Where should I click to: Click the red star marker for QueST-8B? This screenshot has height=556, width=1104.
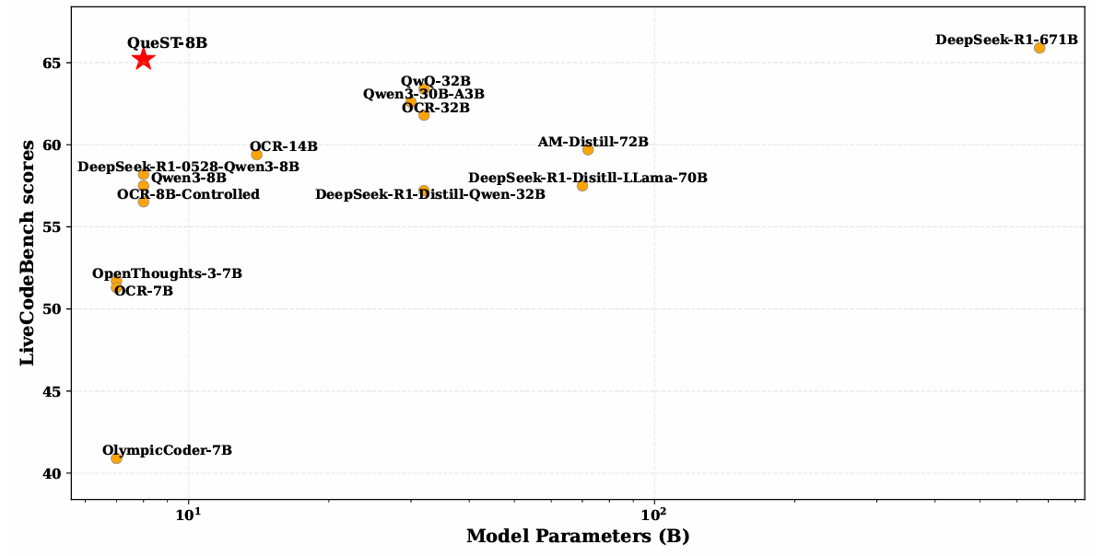[143, 59]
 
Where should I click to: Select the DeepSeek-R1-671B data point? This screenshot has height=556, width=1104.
[1039, 48]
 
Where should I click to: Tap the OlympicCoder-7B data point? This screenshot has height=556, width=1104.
[116, 458]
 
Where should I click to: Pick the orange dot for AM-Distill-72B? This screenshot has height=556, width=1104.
[588, 149]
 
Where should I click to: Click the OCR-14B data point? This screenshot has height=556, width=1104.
[256, 155]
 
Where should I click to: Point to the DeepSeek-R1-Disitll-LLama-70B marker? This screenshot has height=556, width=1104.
[582, 186]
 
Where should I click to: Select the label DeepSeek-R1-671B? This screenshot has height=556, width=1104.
[1006, 40]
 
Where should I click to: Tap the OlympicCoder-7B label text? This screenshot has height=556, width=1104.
[167, 450]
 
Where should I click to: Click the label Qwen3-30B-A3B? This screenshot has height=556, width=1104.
[423, 94]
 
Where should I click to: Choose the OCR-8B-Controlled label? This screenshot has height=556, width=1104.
[188, 194]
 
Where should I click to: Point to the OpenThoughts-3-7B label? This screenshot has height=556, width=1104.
[167, 273]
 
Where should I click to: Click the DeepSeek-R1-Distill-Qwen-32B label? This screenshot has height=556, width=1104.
[429, 194]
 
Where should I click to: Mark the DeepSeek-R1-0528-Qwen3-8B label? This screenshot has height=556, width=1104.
[188, 167]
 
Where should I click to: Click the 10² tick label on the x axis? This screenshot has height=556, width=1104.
[653, 512]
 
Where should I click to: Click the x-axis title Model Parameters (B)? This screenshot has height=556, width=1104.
[578, 537]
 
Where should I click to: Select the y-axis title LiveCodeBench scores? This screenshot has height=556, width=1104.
[27, 253]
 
